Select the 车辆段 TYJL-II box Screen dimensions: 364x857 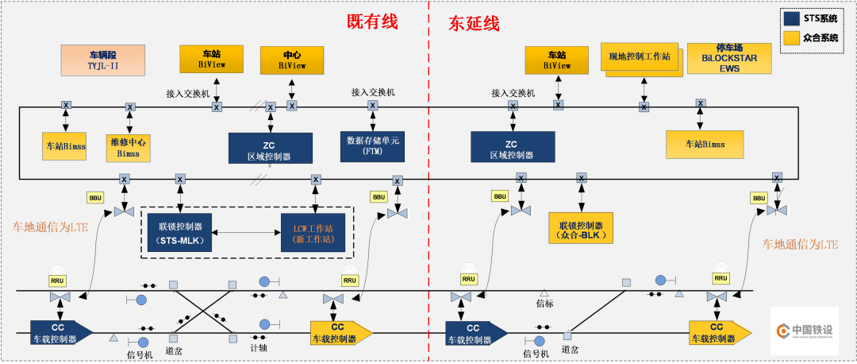pos(103,60)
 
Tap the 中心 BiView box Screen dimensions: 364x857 pos(292,60)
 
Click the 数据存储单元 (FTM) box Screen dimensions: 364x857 pos(372,145)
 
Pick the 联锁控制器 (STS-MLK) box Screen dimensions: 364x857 pos(180,232)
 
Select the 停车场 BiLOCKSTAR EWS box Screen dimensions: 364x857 pos(728,58)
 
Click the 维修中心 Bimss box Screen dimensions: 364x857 pos(129,146)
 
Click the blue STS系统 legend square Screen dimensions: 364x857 pos(791,18)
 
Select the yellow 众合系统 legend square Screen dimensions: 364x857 pos(791,37)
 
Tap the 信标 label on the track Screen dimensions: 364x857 pos(544,303)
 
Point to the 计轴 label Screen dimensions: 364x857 pos(259,347)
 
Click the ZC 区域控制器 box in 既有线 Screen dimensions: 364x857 pos(270,147)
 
